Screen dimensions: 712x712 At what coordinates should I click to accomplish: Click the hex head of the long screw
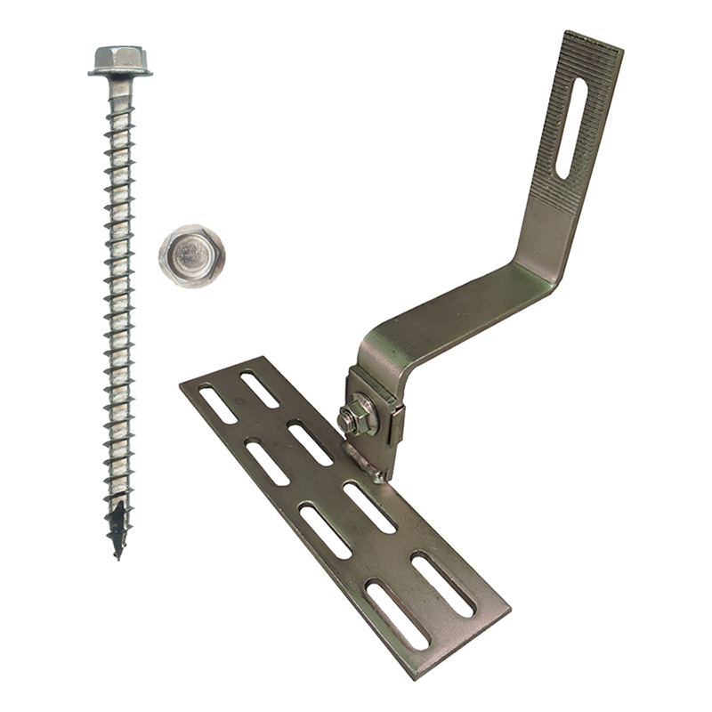tap(119, 57)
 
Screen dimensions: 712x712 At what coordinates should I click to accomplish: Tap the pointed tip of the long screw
tap(117, 554)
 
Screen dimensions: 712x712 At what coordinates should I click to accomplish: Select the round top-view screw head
tap(191, 255)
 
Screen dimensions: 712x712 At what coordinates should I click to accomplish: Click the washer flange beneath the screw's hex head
tap(119, 71)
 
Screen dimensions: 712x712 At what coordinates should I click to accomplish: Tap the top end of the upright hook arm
tap(593, 43)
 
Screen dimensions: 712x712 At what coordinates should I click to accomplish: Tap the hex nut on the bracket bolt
tap(360, 416)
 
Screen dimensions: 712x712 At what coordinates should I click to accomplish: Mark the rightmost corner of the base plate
tap(508, 613)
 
